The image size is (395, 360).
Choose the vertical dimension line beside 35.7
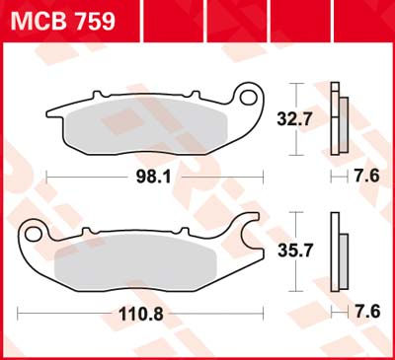point(299,252)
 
